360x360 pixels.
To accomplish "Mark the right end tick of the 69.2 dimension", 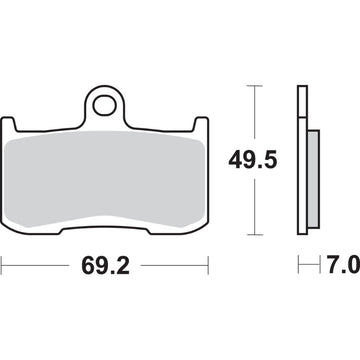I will pyautogui.click(x=207, y=268).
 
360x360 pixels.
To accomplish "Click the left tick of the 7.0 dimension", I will pyautogui.click(x=298, y=268).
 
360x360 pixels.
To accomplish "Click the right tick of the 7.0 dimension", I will pyautogui.click(x=319, y=268).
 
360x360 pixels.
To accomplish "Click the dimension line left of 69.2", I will pyautogui.click(x=35, y=268).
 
